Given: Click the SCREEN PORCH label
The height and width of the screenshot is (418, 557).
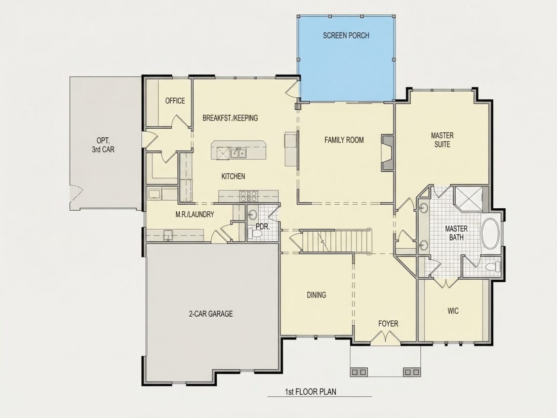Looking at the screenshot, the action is tap(346, 35).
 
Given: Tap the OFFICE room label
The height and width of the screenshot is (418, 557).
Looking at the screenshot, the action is tap(175, 101).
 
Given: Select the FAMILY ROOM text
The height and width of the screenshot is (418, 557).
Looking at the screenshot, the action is tap(344, 140).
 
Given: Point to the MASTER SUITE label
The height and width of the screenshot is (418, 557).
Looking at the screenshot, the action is tap(442, 140).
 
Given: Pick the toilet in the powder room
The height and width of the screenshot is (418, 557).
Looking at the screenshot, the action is tap(255, 234).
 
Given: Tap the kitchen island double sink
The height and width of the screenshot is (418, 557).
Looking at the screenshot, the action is tap(238, 153).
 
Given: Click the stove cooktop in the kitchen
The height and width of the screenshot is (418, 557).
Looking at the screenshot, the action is tap(249, 196).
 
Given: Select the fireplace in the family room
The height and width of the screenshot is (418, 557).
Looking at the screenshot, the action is tap(387, 153).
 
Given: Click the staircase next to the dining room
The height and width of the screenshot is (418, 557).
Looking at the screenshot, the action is tap(336, 241).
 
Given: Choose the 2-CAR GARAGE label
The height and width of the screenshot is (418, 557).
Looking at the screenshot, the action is tap(211, 314).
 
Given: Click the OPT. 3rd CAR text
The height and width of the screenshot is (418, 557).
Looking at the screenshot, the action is tap(103, 145).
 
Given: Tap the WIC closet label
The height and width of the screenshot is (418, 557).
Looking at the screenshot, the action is tap(453, 311).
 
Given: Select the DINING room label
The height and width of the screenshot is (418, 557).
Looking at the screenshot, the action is tap(316, 295).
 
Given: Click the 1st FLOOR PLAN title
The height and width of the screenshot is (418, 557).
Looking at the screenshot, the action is tap(310, 392).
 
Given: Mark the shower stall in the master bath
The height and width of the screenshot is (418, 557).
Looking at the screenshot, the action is tap(469, 198).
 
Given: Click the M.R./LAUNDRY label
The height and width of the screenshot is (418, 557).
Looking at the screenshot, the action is tap(194, 214).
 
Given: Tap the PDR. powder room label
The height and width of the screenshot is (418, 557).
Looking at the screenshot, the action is tap(263, 227).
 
